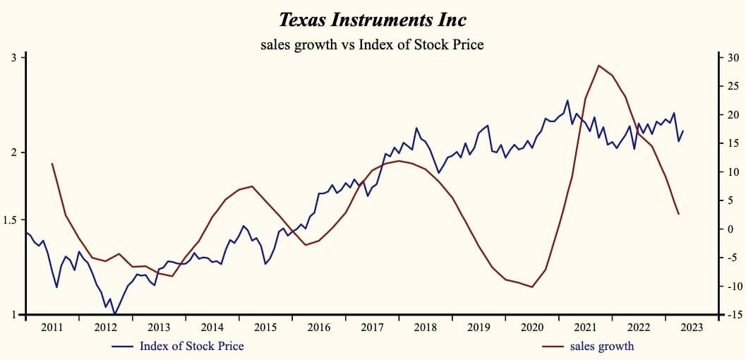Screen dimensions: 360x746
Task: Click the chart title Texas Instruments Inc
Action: (x=372, y=19)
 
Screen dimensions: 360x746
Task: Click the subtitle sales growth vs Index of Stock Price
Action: (x=372, y=44)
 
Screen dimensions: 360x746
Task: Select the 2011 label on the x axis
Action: (x=52, y=328)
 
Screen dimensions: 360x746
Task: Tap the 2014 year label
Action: (x=212, y=328)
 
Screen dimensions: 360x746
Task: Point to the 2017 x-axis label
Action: (x=372, y=328)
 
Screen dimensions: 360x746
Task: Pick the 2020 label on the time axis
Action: (x=532, y=328)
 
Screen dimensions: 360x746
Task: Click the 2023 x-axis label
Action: (x=692, y=328)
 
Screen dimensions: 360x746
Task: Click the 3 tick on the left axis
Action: (x=14, y=57)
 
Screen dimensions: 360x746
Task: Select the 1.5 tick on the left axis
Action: (x=11, y=220)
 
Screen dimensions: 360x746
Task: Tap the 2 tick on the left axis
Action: (x=14, y=152)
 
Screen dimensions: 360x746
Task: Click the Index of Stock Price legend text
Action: (x=191, y=346)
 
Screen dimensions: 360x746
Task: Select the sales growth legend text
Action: (x=601, y=346)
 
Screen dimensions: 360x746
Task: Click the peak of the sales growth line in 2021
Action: (x=598, y=66)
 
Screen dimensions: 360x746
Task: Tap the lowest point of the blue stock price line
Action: (x=114, y=314)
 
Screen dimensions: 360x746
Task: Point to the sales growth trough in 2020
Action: (x=532, y=287)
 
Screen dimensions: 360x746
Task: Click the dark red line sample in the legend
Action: (x=553, y=347)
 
